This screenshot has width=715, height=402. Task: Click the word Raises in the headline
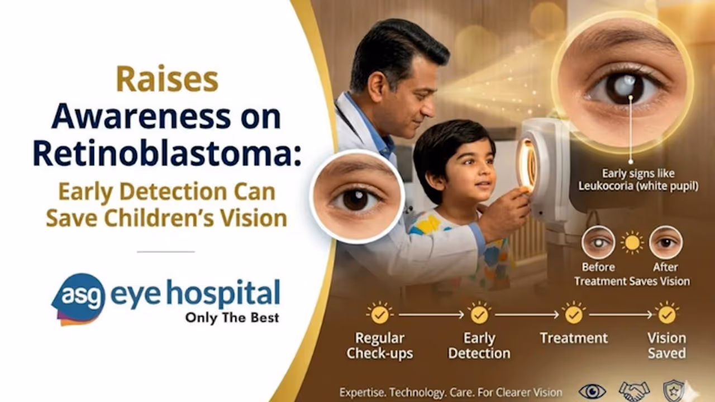point(167,79)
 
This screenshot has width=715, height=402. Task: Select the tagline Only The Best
point(232,318)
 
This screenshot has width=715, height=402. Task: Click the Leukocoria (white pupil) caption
point(638,186)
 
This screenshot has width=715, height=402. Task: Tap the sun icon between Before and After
point(632,243)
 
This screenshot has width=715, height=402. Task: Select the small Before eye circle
point(598,242)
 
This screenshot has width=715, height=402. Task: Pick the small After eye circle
point(666,242)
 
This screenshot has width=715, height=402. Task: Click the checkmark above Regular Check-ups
point(379,314)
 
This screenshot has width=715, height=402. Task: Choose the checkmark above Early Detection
point(479,314)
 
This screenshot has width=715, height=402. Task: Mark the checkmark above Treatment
point(574,314)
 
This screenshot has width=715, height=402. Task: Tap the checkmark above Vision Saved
point(667,314)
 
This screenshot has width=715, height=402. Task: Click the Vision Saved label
point(667,346)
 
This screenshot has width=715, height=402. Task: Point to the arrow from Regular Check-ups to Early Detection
point(431,315)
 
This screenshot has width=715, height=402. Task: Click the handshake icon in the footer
point(634,391)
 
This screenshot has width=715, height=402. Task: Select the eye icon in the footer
point(593,391)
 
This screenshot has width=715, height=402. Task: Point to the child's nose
point(492,173)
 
